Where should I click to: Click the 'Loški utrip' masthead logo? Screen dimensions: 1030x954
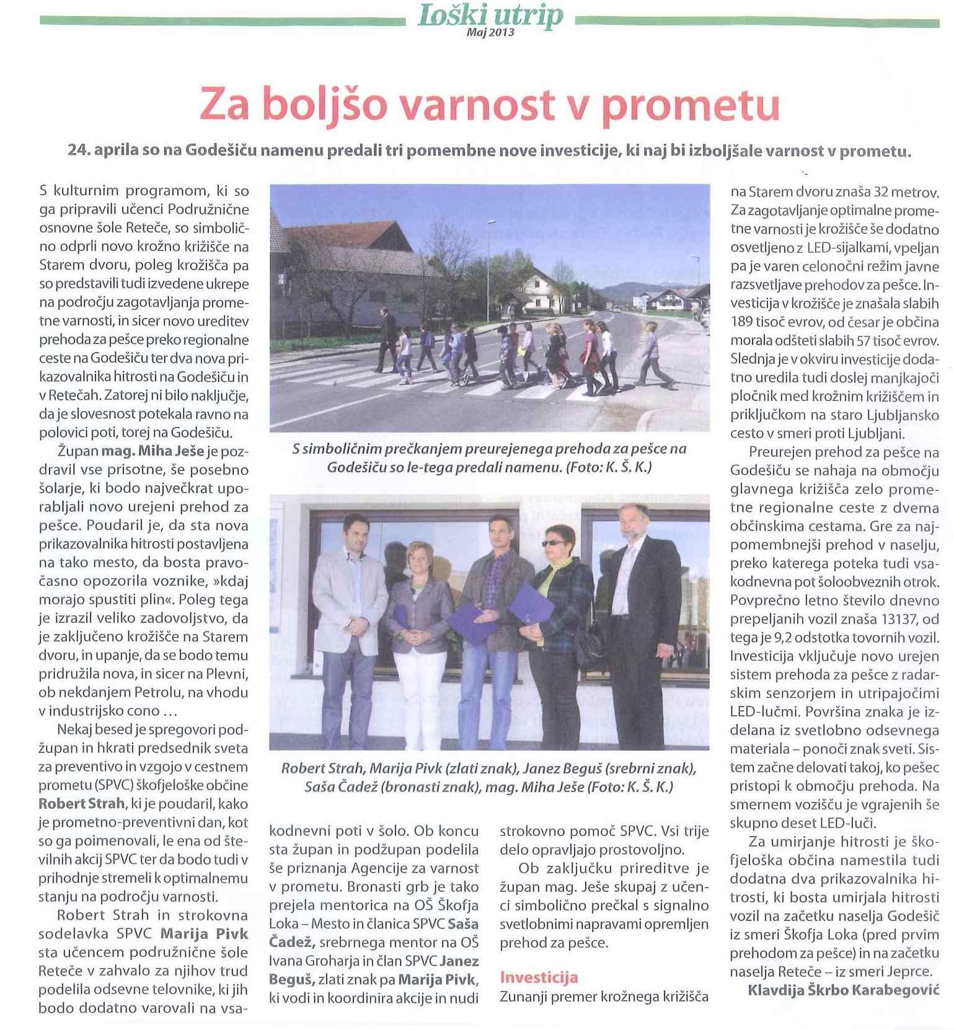pyautogui.click(x=490, y=15)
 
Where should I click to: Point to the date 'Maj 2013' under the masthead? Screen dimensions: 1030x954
pyautogui.click(x=490, y=33)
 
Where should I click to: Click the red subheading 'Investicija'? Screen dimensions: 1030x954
pyautogui.click(x=539, y=977)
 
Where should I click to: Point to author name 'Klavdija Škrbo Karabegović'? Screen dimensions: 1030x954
pyautogui.click(x=844, y=990)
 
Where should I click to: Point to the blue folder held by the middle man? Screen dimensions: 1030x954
pyautogui.click(x=473, y=623)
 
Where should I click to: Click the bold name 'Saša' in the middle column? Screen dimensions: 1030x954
pyautogui.click(x=462, y=924)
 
